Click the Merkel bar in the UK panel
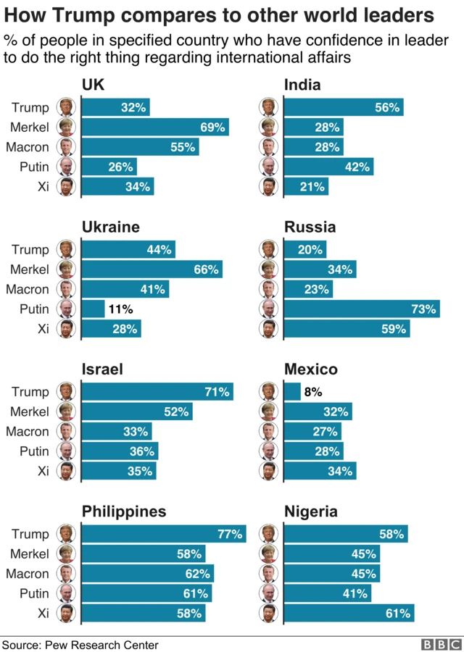coord(154,128)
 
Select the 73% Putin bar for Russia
coord(361,309)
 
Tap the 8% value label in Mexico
coord(312,392)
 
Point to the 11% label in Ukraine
coord(120,309)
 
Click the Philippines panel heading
coord(123,511)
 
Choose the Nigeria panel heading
coord(310,511)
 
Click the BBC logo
coord(441,644)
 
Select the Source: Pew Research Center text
coord(80,644)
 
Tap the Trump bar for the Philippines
coord(163,535)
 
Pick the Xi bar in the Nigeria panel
coord(349,614)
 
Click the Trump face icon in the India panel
coord(269,108)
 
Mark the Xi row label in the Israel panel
coord(43,471)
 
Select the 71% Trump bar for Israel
coord(157,392)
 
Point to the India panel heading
coord(302,85)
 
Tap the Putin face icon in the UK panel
coord(67,167)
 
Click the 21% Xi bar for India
coord(305,187)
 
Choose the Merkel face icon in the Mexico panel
coord(269,412)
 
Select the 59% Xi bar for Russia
coord(346,329)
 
